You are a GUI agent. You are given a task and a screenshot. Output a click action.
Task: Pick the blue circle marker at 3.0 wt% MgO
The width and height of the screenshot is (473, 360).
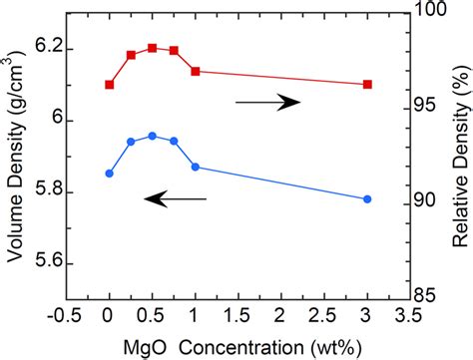click(367, 199)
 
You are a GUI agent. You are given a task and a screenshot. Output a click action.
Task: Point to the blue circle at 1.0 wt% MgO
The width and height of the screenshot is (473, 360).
click(195, 167)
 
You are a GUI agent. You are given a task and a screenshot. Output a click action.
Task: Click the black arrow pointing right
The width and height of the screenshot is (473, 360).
click(267, 102)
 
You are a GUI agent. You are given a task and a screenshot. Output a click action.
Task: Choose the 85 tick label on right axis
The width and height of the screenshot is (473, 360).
click(429, 296)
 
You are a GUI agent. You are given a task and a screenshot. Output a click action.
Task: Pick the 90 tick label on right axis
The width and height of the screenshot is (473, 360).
click(429, 201)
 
